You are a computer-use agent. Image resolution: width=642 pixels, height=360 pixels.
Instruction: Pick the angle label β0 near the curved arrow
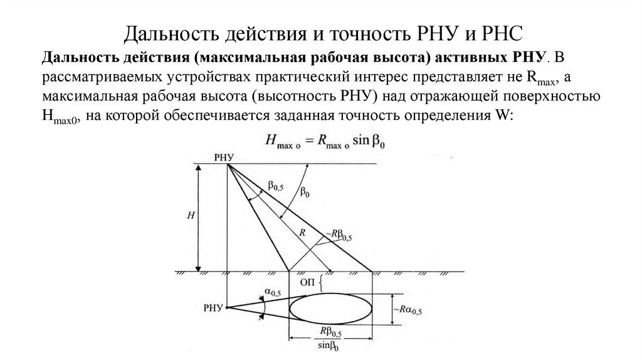pos(304,193)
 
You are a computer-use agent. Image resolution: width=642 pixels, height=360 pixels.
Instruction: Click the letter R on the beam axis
pos(302,232)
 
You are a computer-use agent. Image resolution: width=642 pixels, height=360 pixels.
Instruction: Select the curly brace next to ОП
pos(322,283)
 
